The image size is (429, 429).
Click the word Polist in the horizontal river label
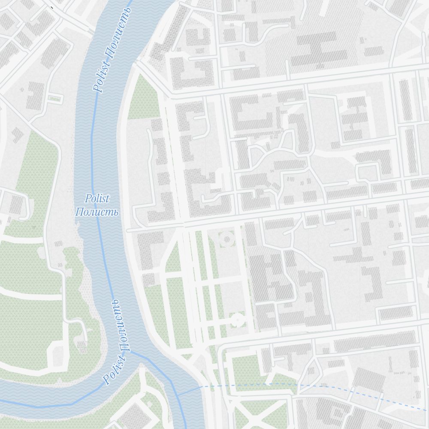coord(97,199)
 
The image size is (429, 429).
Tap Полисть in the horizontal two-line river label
coord(97,212)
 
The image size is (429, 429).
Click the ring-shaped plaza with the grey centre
coord(227,239)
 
